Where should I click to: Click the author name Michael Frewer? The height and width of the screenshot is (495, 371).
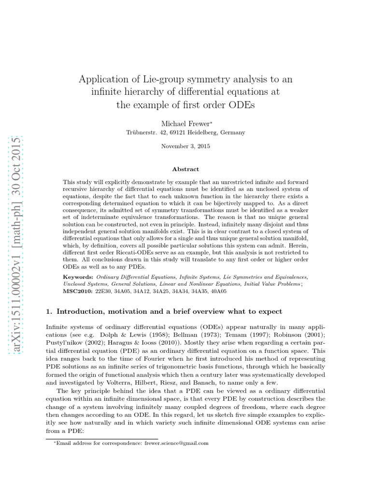tap(185, 124)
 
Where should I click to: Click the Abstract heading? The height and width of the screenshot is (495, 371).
tap(185, 169)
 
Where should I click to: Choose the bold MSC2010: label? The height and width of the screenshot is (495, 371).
tap(79, 291)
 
